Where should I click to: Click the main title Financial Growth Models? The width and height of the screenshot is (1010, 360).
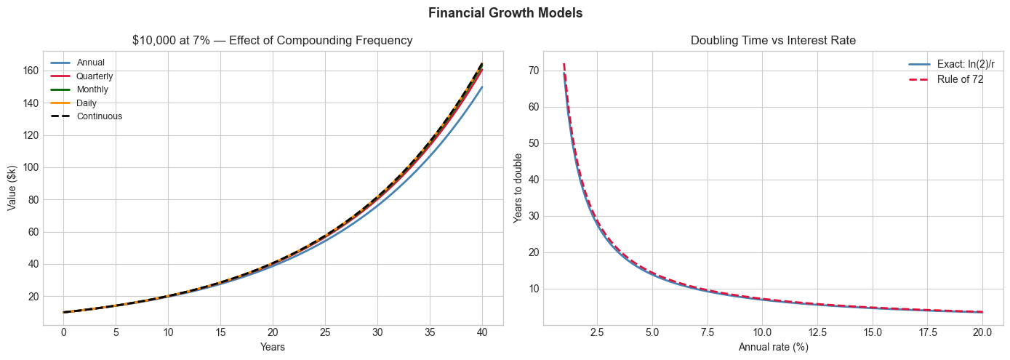tap(505, 13)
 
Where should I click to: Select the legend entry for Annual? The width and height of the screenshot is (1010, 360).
tap(90, 63)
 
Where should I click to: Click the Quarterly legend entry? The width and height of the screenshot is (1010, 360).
tap(95, 76)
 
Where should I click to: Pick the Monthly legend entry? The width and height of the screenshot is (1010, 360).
tap(92, 89)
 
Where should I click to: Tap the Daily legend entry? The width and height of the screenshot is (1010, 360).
tap(87, 103)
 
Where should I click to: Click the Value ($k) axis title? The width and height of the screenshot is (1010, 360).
tap(12, 187)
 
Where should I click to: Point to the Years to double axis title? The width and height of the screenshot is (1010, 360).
tap(518, 187)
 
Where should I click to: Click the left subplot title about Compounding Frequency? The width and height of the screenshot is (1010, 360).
tap(273, 41)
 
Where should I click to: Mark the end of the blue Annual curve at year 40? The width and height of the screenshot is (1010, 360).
tap(481, 87)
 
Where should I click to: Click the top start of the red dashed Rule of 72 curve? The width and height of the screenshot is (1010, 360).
tap(564, 64)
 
